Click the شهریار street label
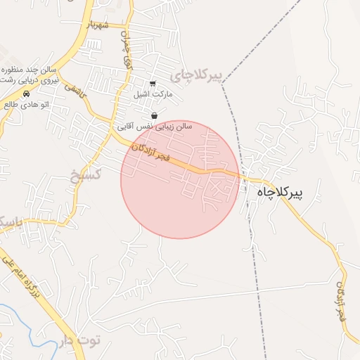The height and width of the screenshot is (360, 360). (98, 25)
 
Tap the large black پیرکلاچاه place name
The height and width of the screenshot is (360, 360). (288, 192)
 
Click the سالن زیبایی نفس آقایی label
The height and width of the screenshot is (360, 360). (154, 126)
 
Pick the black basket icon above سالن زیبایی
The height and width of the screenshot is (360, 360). (154, 115)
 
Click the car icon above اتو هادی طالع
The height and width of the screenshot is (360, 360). (26, 94)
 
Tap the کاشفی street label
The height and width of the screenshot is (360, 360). (75, 89)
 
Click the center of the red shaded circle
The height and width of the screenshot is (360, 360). (180, 179)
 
